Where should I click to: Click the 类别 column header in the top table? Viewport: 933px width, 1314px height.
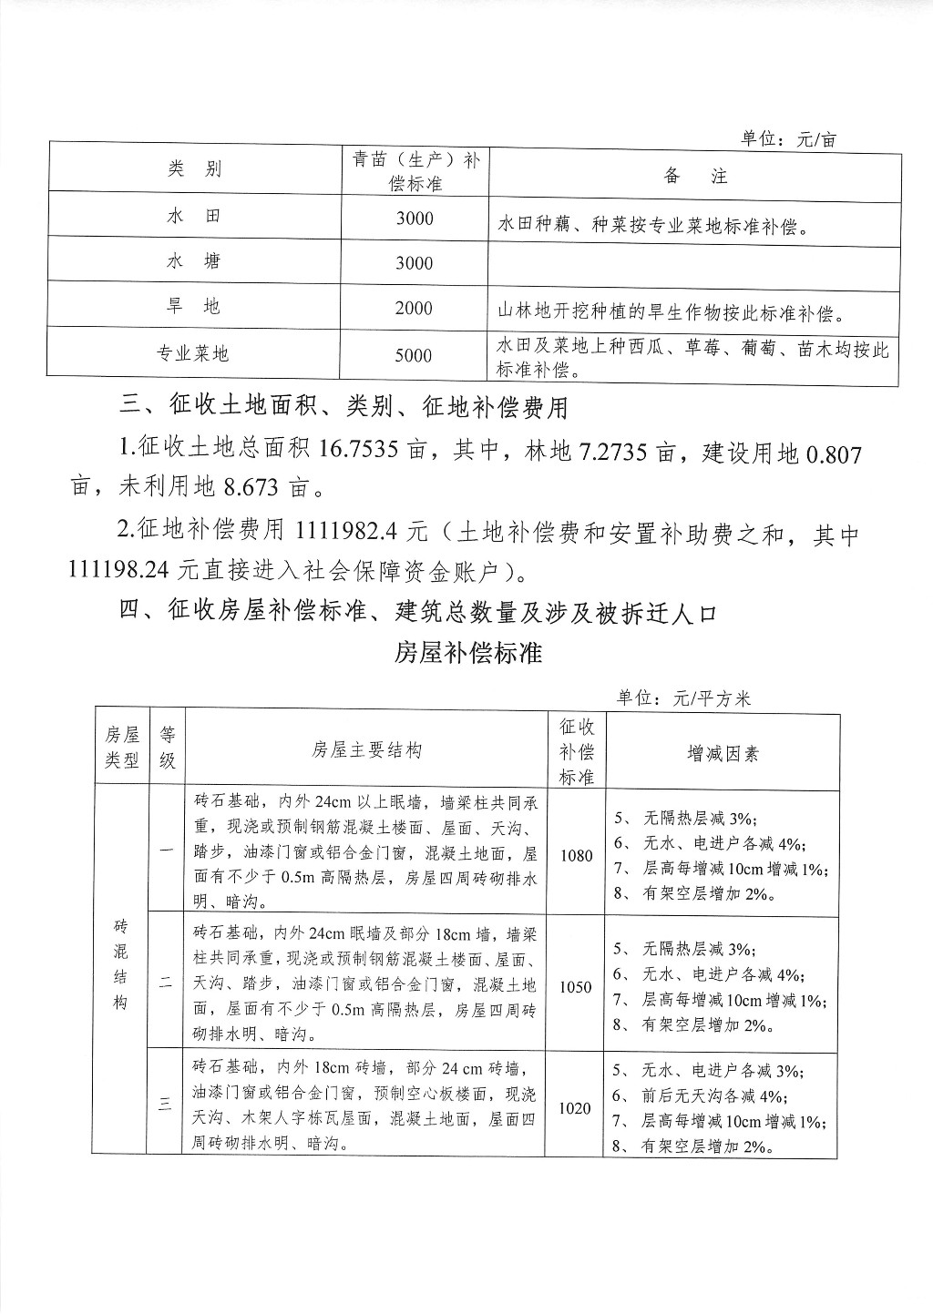pos(194,169)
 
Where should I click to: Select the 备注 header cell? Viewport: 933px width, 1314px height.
pos(695,177)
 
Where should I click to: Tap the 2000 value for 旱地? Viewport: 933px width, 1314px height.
pos(414,309)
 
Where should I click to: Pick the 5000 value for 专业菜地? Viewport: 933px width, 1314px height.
pos(414,355)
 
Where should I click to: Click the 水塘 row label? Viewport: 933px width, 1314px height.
pos(194,262)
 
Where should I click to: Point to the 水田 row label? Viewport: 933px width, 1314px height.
pos(194,218)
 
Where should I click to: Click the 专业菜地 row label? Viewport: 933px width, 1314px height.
pos(193,354)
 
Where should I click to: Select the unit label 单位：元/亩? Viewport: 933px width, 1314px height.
pos(788,139)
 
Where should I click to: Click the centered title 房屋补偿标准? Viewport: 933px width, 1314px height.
pos(468,653)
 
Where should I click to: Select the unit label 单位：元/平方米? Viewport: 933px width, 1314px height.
pos(683,698)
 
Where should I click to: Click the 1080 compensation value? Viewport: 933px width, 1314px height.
pos(576,856)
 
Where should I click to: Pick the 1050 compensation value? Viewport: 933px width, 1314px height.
pos(576,987)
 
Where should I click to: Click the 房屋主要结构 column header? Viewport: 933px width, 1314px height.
pos(366,751)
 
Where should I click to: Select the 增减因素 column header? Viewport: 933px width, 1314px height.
pos(723,753)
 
